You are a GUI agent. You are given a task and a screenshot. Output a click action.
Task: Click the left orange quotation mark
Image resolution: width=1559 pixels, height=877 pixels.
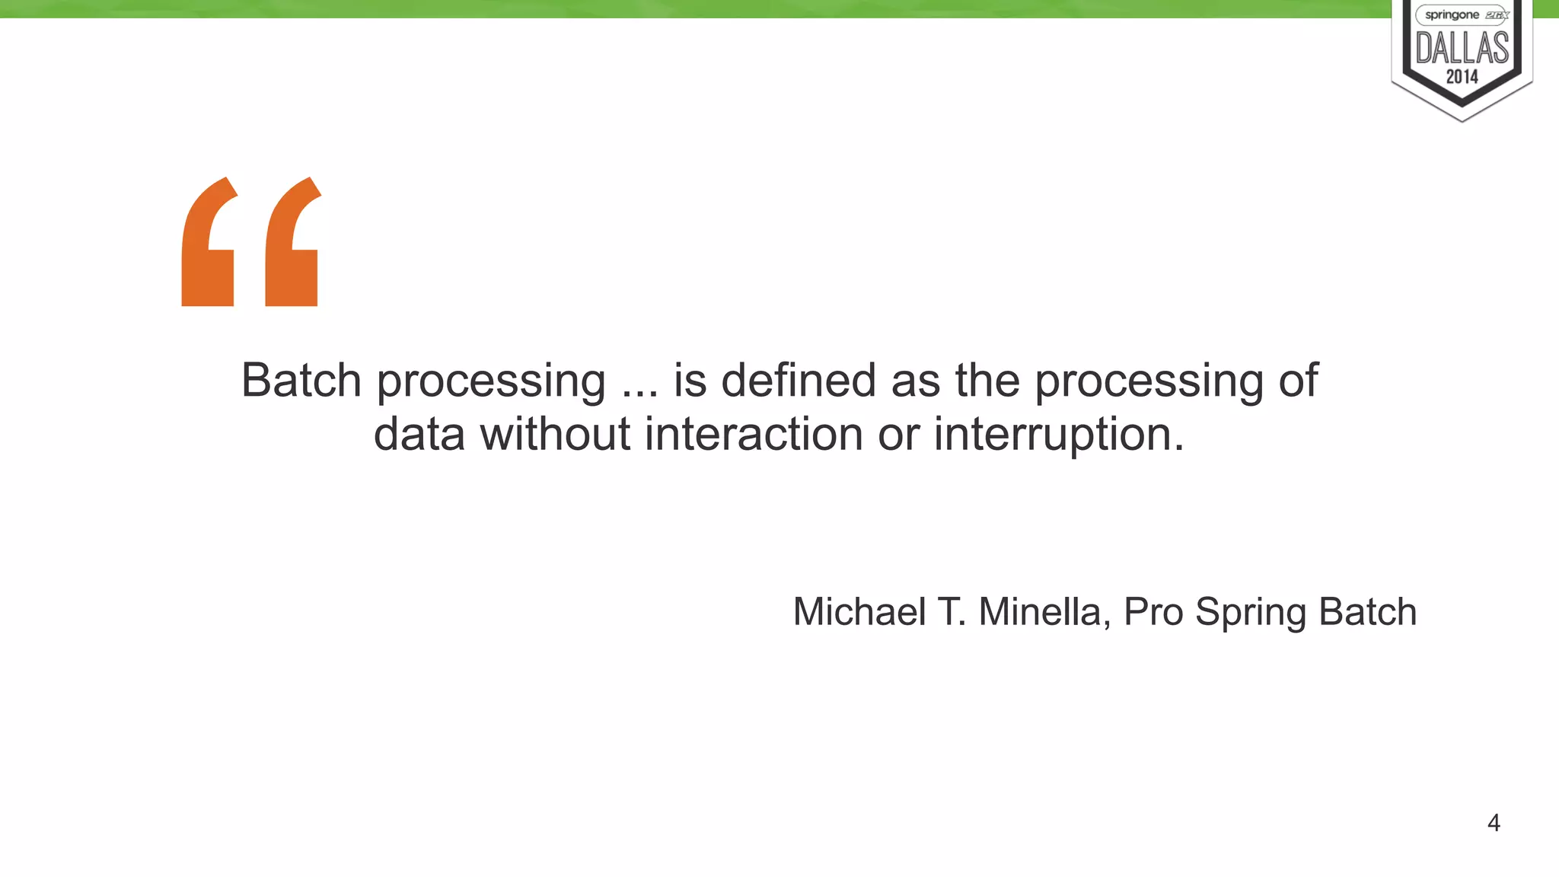208,244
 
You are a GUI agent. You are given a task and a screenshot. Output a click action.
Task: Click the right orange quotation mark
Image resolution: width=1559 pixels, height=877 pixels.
292,244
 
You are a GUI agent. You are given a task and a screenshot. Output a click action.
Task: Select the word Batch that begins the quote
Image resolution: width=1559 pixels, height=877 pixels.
301,380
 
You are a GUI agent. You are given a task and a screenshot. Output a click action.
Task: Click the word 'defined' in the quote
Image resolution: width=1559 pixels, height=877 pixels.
799,380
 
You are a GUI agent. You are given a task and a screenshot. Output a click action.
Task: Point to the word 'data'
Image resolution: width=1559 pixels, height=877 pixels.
419,434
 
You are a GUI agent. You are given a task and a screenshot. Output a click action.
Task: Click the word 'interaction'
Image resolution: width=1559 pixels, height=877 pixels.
754,434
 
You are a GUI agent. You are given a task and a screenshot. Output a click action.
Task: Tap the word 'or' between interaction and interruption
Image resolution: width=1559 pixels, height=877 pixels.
898,435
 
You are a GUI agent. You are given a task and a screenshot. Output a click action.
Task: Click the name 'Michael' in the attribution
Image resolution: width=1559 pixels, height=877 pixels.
859,612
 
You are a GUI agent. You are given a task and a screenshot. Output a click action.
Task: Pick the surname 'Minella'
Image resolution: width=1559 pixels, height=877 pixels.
1039,612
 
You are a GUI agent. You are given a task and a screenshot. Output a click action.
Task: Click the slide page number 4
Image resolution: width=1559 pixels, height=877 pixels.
1494,823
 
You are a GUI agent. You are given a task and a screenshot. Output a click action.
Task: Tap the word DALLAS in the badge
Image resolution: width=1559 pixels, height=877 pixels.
1462,48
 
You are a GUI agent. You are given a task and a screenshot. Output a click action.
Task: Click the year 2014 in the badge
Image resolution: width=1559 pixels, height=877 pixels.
1462,77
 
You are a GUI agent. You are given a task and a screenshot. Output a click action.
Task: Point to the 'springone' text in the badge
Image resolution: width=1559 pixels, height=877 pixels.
1452,15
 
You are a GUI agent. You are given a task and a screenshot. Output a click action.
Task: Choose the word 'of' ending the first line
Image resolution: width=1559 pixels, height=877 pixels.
1298,380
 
